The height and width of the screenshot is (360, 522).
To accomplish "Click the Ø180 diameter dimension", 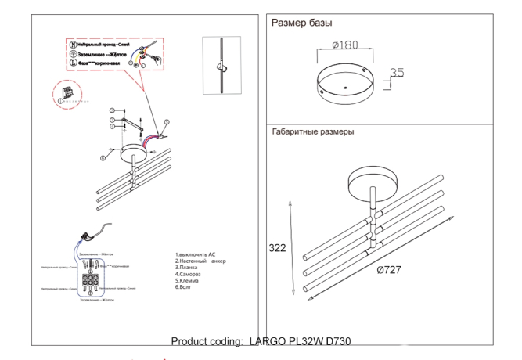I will (344, 45).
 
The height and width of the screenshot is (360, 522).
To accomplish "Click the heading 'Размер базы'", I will (301, 23).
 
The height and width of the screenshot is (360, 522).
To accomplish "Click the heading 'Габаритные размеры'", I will (312, 132).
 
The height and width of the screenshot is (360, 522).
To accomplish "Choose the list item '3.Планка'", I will (190, 268).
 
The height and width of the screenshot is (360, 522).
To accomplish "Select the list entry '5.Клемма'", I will (191, 281).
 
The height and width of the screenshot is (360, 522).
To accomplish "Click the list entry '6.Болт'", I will (187, 287).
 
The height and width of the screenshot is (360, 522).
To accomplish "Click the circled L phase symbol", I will (72, 64).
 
